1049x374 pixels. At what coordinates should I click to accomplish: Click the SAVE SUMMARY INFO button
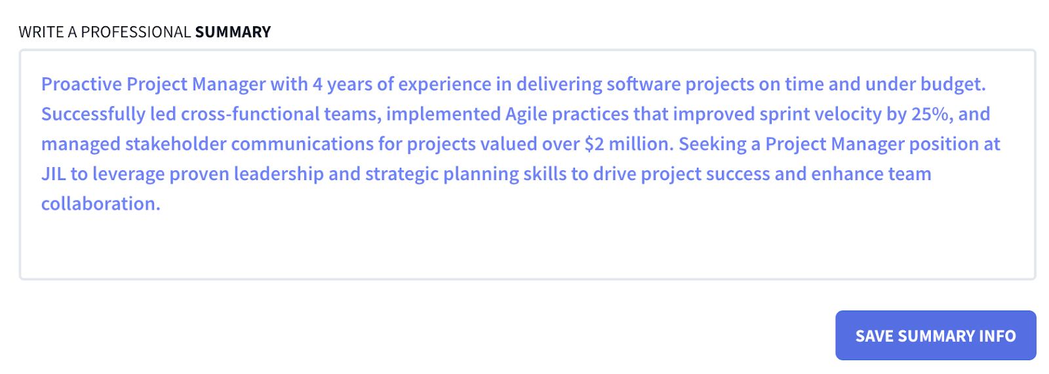pos(935,335)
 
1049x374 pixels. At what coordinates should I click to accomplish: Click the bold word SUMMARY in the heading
pos(233,32)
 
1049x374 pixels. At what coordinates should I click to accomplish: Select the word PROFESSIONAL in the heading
pos(136,32)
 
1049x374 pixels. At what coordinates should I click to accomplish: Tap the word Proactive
pos(82,84)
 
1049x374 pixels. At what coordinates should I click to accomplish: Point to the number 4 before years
pos(317,84)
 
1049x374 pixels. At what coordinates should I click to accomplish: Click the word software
pos(643,84)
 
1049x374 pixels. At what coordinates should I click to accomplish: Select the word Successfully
pos(92,114)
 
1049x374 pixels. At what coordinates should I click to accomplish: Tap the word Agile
pos(526,114)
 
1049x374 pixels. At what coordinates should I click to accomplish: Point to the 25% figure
pos(931,114)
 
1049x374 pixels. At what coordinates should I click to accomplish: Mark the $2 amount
pos(594,144)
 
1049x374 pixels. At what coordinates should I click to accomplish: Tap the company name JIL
pos(53,174)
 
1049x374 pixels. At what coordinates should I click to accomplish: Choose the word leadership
pos(279,174)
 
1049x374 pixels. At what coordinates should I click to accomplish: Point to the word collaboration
pos(100,204)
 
